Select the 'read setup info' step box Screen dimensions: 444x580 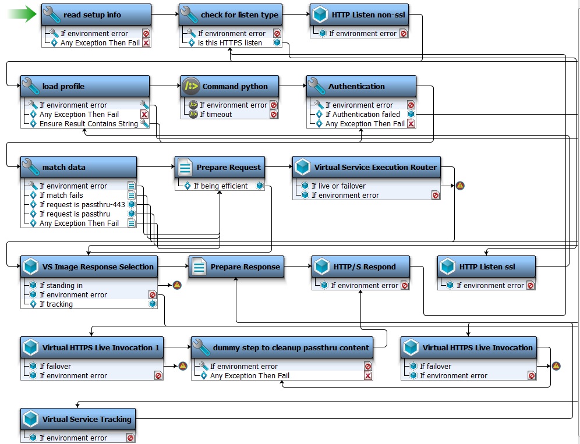click(x=96, y=15)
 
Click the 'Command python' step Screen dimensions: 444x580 click(x=233, y=86)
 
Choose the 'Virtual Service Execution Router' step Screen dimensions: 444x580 click(x=366, y=167)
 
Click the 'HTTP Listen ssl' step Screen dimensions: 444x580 click(x=486, y=267)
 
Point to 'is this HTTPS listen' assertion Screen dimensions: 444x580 click(x=229, y=43)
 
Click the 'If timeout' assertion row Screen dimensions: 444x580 click(x=215, y=115)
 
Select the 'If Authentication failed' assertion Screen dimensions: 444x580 click(x=362, y=115)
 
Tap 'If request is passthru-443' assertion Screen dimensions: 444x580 click(x=82, y=205)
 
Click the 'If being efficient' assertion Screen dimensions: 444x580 click(x=220, y=186)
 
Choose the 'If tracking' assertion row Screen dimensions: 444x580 click(x=56, y=304)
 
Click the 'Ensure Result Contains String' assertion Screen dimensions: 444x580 click(x=88, y=124)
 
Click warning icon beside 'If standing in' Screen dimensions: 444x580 click(x=177, y=285)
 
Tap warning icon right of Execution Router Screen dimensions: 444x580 click(x=460, y=186)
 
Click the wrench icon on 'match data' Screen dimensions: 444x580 click(x=30, y=168)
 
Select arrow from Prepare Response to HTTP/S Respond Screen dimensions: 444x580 click(x=298, y=267)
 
